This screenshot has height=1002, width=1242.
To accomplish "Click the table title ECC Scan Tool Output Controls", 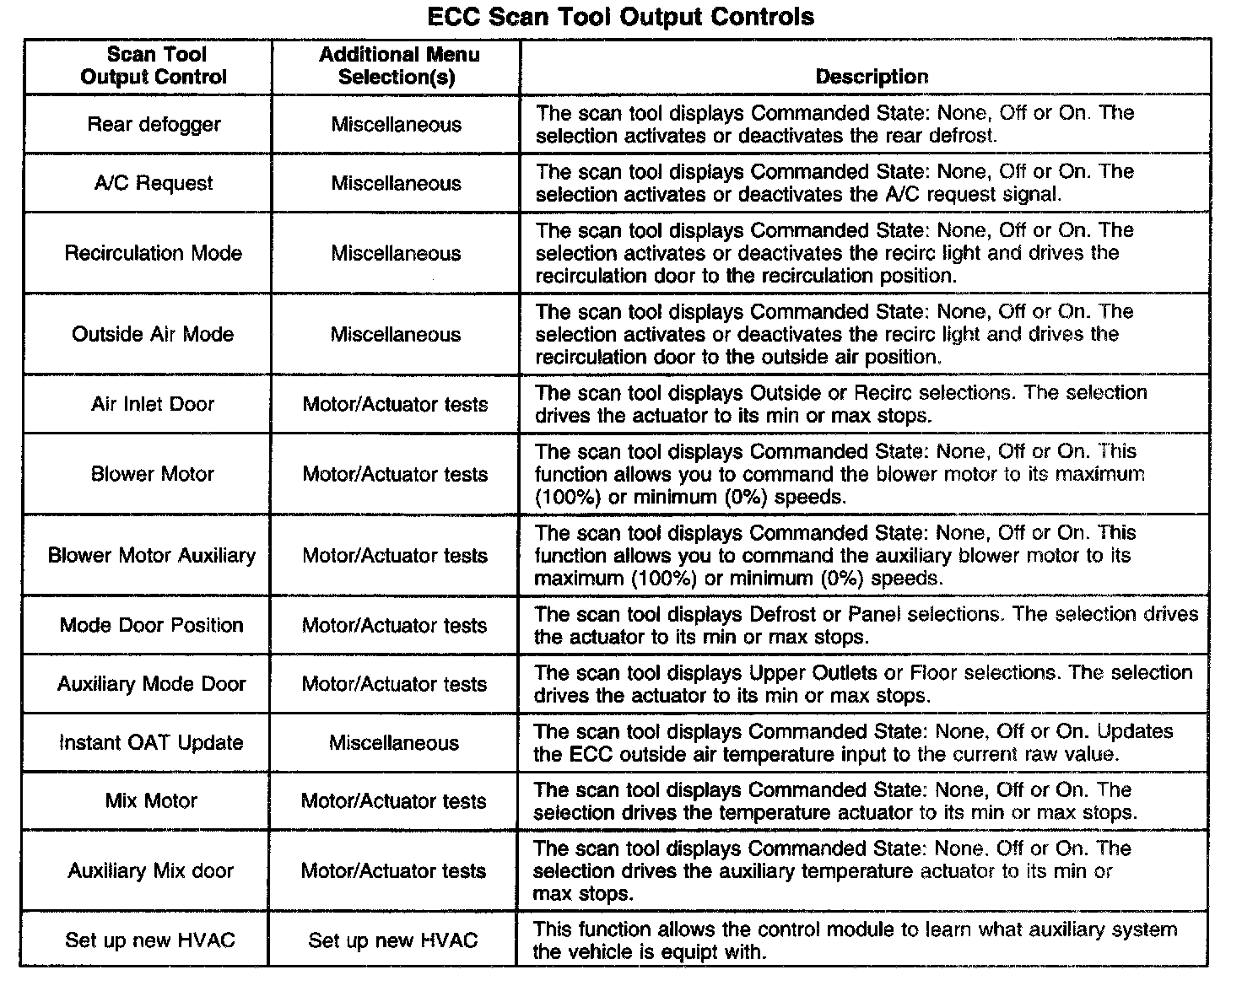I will click(x=620, y=17).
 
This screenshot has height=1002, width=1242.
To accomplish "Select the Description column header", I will click(x=872, y=77).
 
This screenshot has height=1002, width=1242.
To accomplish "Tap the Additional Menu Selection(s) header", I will click(x=398, y=66).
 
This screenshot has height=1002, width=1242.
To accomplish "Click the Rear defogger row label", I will click(x=154, y=125).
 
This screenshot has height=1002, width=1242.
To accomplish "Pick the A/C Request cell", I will click(x=154, y=183).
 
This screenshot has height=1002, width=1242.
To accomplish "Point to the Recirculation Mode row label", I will click(x=153, y=253).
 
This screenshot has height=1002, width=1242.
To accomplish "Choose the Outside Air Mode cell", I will click(x=153, y=334).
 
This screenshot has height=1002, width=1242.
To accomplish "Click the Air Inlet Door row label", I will click(x=153, y=404).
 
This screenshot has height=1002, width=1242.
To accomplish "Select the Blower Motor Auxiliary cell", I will click(x=152, y=556).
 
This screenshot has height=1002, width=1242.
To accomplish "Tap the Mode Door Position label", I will click(x=152, y=625).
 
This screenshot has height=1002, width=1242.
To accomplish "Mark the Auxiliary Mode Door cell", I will click(x=152, y=684).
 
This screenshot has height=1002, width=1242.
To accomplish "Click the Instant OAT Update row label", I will click(x=151, y=743).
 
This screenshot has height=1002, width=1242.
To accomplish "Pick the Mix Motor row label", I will click(x=151, y=801).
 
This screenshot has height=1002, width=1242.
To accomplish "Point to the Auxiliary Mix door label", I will click(x=151, y=871).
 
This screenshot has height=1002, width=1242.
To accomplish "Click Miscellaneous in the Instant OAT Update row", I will click(x=394, y=743).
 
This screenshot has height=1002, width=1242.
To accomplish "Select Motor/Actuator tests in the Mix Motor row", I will click(x=394, y=801).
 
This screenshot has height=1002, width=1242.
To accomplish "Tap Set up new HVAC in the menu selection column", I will click(x=393, y=940).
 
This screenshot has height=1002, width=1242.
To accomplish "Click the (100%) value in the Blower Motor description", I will click(x=568, y=498).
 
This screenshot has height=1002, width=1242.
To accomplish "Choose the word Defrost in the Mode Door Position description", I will click(x=784, y=615).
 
